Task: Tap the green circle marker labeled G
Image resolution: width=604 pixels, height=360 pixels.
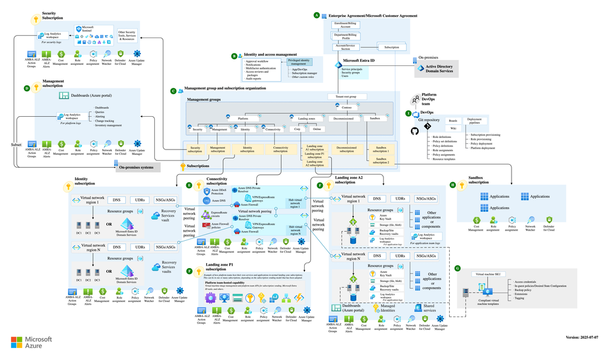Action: pos(457,267)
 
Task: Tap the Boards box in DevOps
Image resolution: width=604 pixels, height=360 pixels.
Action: pos(453,120)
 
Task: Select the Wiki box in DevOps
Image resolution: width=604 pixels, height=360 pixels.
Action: pos(453,128)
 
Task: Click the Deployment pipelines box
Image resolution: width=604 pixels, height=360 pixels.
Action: pos(478,120)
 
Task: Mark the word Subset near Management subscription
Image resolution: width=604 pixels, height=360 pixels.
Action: pos(16,145)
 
